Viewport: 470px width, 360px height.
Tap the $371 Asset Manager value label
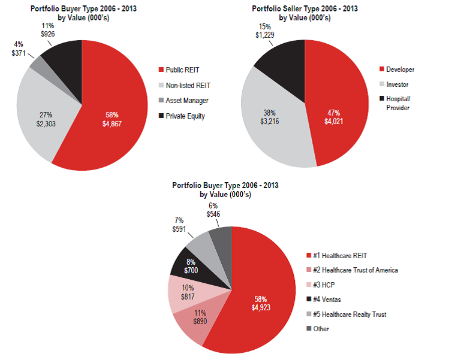[19, 53]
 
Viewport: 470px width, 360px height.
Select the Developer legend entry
[400, 69]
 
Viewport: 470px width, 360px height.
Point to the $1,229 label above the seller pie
[265, 35]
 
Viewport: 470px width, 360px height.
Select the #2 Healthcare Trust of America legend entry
[355, 270]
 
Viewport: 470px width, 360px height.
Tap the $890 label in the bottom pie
[201, 321]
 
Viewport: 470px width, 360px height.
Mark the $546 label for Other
[213, 213]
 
